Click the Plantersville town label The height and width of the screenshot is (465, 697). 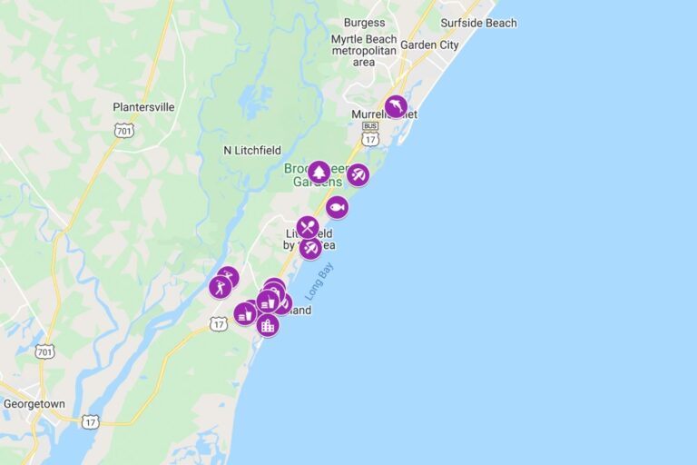[143, 107]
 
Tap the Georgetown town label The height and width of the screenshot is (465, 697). [34, 403]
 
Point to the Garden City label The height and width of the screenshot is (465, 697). [429, 45]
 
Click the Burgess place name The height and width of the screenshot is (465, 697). [364, 23]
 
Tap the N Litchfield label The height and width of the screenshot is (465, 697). [252, 150]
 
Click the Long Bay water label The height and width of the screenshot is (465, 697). [319, 282]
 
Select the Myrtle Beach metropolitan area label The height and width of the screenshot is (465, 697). [364, 51]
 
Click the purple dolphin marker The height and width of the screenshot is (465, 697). [396, 107]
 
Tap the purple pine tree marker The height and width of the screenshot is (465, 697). [319, 172]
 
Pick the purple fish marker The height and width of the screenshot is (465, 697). [337, 207]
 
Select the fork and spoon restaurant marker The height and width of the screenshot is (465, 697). [308, 227]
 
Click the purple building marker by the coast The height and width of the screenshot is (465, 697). [267, 325]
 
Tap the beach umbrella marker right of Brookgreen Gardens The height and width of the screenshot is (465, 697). [358, 174]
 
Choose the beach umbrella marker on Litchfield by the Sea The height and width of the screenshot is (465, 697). [311, 247]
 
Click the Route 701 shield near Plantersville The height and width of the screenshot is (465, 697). [123, 131]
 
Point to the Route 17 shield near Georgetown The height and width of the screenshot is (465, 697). [89, 420]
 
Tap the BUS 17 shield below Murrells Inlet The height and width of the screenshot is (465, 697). [369, 134]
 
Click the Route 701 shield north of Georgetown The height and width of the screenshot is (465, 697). [45, 351]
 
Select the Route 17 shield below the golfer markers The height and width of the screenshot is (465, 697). [218, 323]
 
